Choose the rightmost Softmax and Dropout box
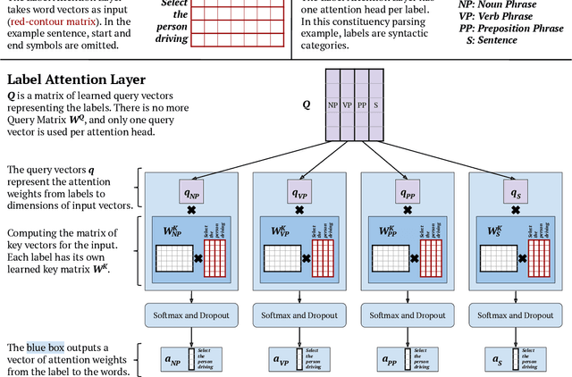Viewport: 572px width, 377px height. pos(516,314)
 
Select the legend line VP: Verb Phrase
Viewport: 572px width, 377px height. pos(500,17)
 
